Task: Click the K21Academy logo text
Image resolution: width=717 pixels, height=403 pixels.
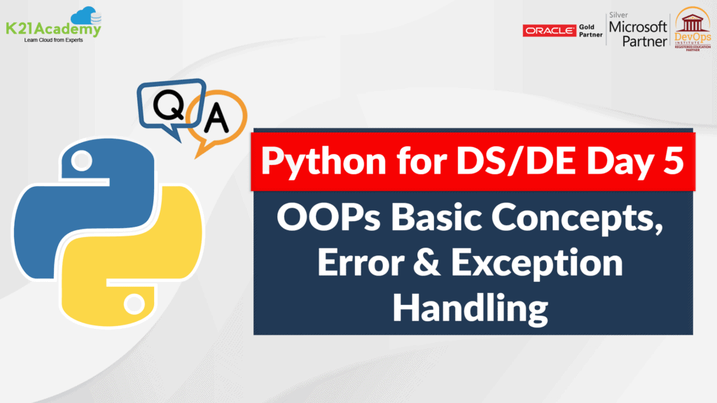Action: pyautogui.click(x=53, y=29)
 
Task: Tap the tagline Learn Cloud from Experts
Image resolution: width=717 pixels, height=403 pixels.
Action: pyautogui.click(x=53, y=40)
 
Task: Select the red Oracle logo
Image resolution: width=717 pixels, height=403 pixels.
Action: pyautogui.click(x=549, y=31)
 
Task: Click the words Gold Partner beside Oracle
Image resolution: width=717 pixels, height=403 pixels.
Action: pyautogui.click(x=591, y=31)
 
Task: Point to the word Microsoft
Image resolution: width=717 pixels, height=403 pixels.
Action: pyautogui.click(x=638, y=27)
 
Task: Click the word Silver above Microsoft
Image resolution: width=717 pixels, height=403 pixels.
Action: pyautogui.click(x=619, y=15)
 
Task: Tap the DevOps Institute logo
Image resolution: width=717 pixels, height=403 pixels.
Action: pyautogui.click(x=692, y=29)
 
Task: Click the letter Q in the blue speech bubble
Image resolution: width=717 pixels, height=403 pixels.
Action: pyautogui.click(x=169, y=105)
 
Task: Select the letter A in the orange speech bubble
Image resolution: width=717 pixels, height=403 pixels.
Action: pyautogui.click(x=216, y=118)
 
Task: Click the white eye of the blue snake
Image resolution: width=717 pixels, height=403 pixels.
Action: pyautogui.click(x=82, y=161)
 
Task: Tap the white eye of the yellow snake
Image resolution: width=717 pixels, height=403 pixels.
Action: pyautogui.click(x=134, y=304)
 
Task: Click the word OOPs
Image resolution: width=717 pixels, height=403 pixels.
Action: pyautogui.click(x=328, y=217)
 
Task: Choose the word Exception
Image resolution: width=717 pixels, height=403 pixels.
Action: pyautogui.click(x=537, y=263)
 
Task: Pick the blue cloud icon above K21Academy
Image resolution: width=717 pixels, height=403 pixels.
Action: pyautogui.click(x=86, y=15)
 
